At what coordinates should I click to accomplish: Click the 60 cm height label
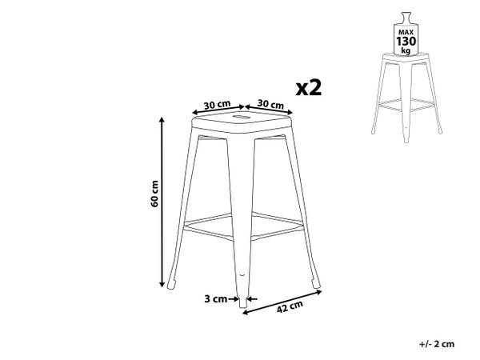tap(154, 194)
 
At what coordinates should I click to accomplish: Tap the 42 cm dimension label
tap(290, 306)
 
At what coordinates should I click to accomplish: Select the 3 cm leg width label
tap(215, 298)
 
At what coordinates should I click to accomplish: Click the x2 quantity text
tap(309, 88)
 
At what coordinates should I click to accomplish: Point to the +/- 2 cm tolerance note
tap(437, 344)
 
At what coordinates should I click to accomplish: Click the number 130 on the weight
tap(406, 41)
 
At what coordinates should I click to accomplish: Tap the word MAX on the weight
tap(406, 32)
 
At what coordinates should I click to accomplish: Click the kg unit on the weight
tap(406, 50)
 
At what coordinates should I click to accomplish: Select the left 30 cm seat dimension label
tap(217, 105)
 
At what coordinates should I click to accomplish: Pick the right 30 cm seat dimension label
tap(270, 104)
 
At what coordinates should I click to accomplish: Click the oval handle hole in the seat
tap(242, 117)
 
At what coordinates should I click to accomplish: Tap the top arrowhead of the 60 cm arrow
tap(162, 120)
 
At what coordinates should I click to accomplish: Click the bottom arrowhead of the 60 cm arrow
tap(162, 284)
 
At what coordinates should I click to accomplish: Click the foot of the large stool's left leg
tap(172, 283)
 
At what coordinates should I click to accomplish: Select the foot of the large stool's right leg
tap(315, 283)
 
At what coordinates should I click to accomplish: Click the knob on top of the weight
tap(406, 15)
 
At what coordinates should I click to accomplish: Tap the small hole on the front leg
tap(242, 274)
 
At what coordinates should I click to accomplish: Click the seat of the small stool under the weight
tap(406, 58)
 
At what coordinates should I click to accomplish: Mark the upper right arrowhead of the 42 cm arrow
tap(318, 292)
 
